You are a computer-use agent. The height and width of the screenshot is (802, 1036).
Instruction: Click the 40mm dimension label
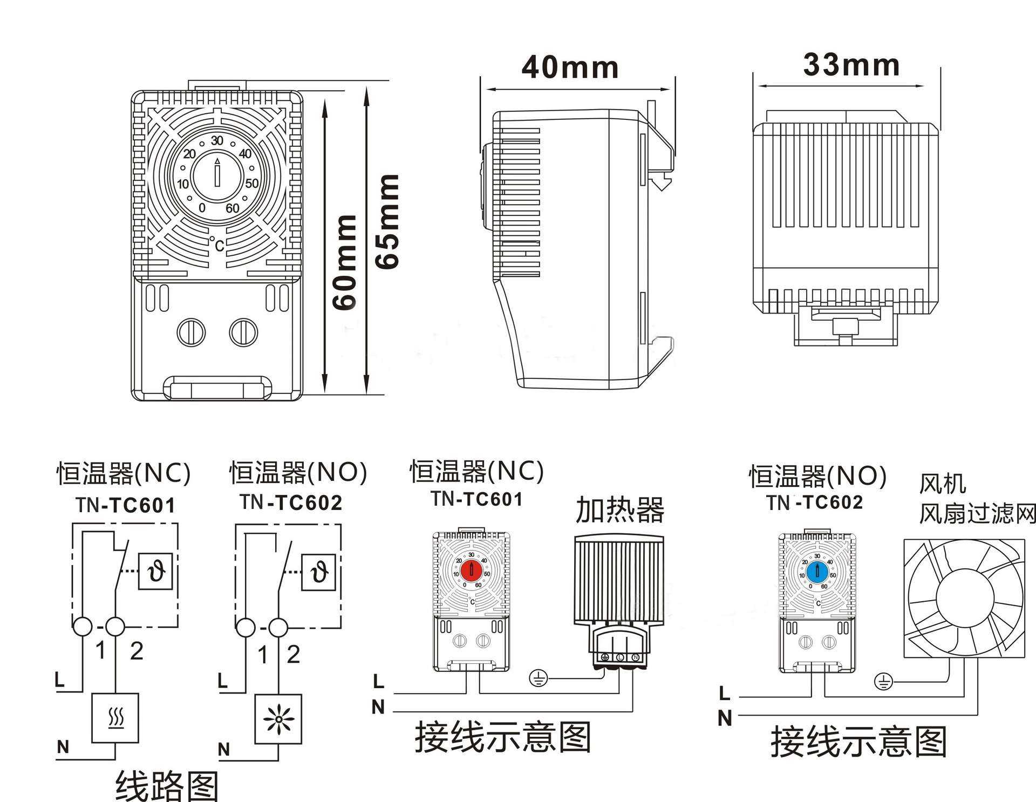pyautogui.click(x=570, y=67)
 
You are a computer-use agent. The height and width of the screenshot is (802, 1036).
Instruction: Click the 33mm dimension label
pyautogui.click(x=851, y=65)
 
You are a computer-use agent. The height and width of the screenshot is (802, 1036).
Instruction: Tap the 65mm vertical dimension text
pyautogui.click(x=387, y=221)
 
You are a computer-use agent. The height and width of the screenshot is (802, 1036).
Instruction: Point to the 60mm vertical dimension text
pyautogui.click(x=345, y=262)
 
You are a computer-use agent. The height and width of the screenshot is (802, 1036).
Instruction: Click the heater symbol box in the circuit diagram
pyautogui.click(x=115, y=718)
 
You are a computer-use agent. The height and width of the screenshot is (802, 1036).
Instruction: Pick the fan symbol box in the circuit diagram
pyautogui.click(x=278, y=719)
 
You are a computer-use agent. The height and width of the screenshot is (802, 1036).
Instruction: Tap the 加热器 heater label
pyautogui.click(x=619, y=510)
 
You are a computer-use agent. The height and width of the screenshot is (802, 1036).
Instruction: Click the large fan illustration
pyautogui.click(x=964, y=598)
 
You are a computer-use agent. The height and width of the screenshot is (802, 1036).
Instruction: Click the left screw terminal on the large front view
pyautogui.click(x=191, y=332)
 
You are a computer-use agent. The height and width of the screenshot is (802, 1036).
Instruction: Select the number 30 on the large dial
pyautogui.click(x=217, y=141)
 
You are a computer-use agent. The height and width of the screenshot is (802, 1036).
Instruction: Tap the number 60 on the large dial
pyautogui.click(x=233, y=208)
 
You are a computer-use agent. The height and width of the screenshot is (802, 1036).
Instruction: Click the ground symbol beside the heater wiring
pyautogui.click(x=539, y=678)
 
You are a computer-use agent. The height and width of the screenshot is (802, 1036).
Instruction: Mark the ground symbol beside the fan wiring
pyautogui.click(x=883, y=682)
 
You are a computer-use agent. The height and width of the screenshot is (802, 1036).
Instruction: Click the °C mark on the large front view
pyautogui.click(x=217, y=244)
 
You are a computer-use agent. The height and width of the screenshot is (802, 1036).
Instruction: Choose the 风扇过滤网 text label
pyautogui.click(x=977, y=514)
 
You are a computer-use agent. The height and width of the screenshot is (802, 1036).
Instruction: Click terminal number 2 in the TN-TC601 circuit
pyautogui.click(x=137, y=651)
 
